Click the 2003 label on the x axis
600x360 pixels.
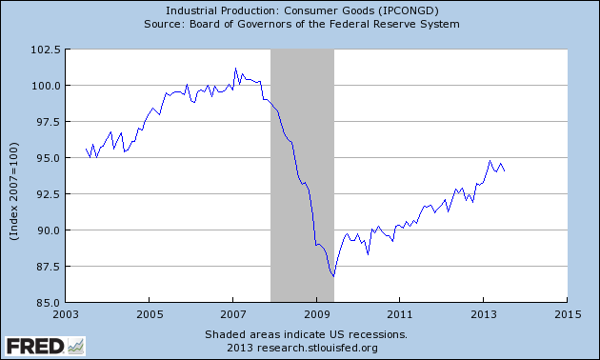pyautogui.click(x=66, y=313)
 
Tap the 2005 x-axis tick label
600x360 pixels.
pyautogui.click(x=150, y=313)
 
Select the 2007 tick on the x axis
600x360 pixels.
pyautogui.click(x=233, y=313)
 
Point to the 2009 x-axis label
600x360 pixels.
pyautogui.click(x=316, y=313)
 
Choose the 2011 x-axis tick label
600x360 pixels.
pyautogui.click(x=400, y=313)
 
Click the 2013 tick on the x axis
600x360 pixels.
pyautogui.click(x=484, y=313)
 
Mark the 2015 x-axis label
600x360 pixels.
pyautogui.click(x=567, y=313)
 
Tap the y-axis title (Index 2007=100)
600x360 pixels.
pyautogui.click(x=16, y=175)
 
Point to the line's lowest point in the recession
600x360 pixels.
pyautogui.click(x=333, y=277)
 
